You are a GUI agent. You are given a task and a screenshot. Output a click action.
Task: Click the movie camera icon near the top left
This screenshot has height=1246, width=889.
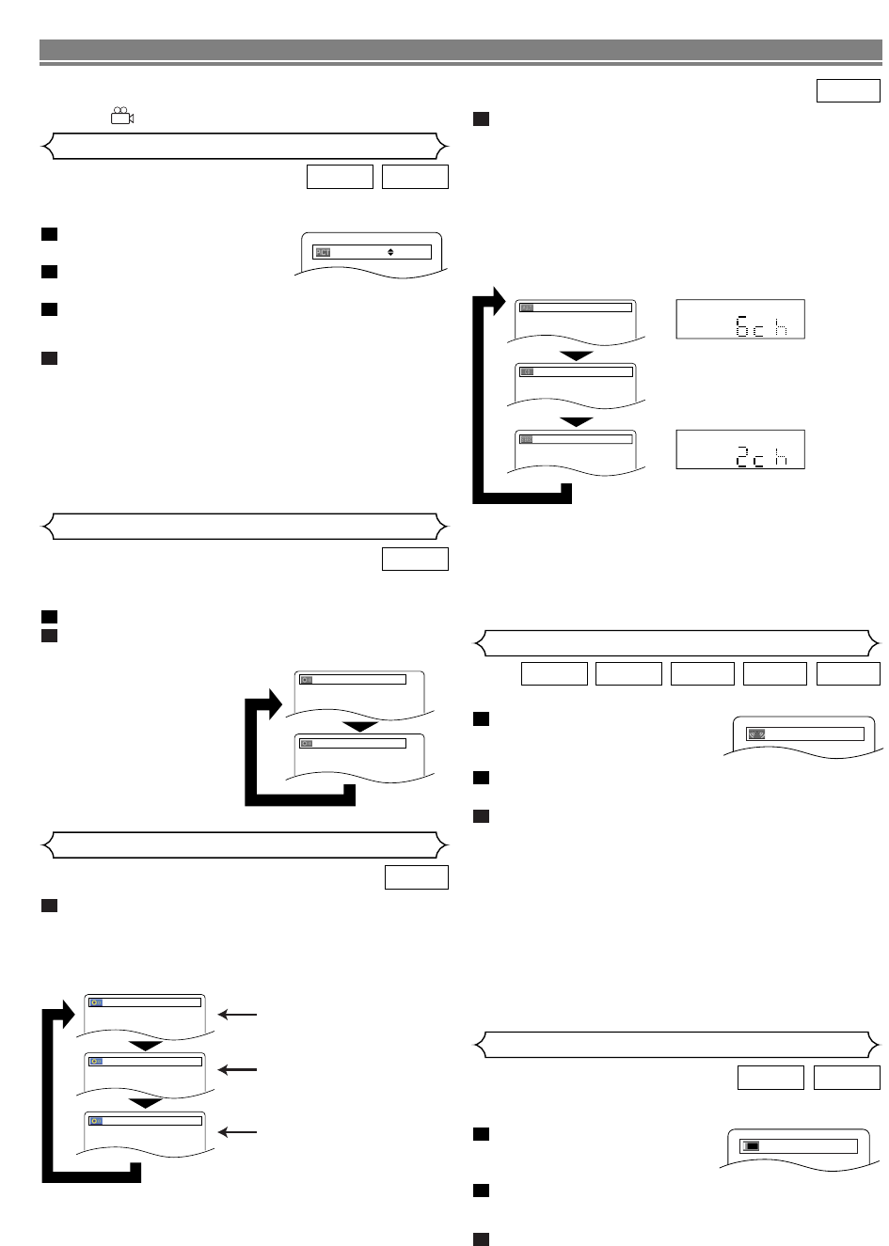(x=121, y=117)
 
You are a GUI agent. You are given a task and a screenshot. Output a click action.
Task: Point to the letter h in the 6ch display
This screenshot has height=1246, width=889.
(x=781, y=325)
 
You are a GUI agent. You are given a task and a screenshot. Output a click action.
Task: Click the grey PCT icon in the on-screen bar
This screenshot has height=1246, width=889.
(x=323, y=252)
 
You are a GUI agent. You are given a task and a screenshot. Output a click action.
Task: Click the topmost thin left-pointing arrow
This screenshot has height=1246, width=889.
(x=236, y=1015)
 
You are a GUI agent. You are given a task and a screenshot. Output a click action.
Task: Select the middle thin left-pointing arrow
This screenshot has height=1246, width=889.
(x=236, y=1069)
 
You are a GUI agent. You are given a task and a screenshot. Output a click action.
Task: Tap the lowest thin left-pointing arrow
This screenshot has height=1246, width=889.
(x=236, y=1132)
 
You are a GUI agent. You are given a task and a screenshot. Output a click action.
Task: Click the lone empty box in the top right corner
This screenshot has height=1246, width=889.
(x=848, y=90)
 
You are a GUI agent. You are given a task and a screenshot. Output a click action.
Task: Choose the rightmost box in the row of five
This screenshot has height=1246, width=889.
(x=848, y=673)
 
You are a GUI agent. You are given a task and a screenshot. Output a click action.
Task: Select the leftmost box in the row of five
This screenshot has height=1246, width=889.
(x=554, y=673)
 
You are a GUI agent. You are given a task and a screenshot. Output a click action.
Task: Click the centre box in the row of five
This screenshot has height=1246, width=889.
(x=702, y=673)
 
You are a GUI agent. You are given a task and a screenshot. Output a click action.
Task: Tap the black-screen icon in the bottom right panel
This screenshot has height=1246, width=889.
(x=751, y=1146)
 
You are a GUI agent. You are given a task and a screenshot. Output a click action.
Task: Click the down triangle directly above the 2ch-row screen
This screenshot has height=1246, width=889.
(x=577, y=420)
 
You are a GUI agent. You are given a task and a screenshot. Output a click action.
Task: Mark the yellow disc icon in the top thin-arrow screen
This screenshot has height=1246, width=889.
(x=95, y=1002)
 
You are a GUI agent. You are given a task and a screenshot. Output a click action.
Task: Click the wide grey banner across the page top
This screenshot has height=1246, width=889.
(x=461, y=49)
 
